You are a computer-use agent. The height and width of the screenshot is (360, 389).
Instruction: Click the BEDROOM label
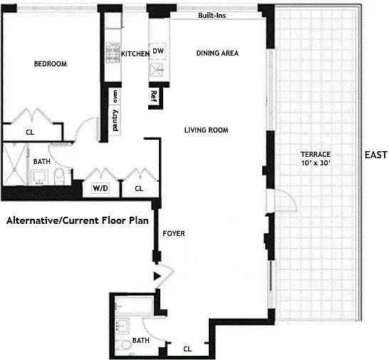coord(51,64)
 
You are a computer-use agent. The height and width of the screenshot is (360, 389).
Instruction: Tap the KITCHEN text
coord(135,53)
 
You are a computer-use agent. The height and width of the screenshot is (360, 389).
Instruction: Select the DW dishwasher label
coord(158,51)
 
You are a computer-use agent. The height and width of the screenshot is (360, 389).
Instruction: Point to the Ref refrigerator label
coord(154,96)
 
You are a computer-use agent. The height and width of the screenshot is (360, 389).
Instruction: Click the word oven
coord(115,96)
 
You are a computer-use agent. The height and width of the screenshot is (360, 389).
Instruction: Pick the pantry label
coord(115,120)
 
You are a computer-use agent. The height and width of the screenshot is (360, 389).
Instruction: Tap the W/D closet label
coord(100,188)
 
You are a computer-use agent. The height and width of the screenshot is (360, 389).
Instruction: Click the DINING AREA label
coord(217,53)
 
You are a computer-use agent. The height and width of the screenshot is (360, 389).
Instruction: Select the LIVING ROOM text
coord(206,130)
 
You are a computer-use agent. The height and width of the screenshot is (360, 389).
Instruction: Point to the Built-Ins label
coord(212,16)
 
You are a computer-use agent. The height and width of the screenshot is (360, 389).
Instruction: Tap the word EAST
coord(376,155)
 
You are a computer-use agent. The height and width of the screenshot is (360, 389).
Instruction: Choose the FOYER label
coord(174,233)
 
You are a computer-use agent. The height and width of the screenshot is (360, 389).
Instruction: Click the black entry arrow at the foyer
coord(157,276)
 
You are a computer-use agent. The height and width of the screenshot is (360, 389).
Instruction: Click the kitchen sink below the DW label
coord(157,71)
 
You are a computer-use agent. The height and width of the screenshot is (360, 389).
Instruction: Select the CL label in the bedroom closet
coord(30,132)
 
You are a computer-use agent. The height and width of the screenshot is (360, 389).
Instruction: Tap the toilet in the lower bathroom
coord(124,345)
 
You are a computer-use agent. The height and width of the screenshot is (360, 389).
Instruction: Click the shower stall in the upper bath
coord(14,164)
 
